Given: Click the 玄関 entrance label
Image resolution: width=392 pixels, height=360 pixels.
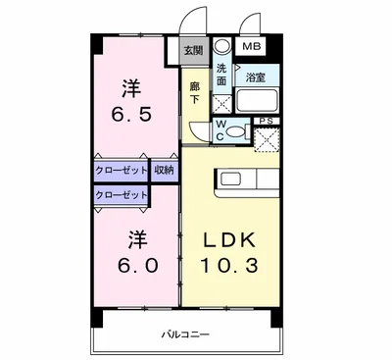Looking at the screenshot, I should [192, 51].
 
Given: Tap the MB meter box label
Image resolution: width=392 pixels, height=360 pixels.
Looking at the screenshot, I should [252, 46].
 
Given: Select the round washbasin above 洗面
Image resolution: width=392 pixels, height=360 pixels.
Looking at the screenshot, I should [221, 46].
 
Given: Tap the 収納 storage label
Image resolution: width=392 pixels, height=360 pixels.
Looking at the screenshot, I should [165, 170].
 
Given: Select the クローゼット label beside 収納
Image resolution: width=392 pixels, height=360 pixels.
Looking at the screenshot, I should [122, 170].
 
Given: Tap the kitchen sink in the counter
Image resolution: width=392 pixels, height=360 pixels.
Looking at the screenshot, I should [232, 179].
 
